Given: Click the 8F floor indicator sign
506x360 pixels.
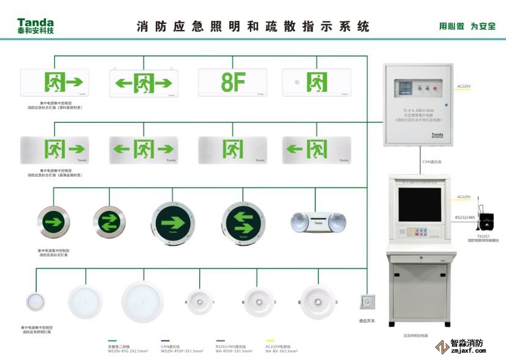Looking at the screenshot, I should click(233, 83).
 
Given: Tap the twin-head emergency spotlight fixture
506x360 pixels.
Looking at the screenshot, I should click(316, 222).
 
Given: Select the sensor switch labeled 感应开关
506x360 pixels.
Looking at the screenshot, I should click(367, 302).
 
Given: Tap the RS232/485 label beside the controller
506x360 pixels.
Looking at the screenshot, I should click(464, 217).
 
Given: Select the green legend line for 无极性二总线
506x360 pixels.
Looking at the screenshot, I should click(112, 342).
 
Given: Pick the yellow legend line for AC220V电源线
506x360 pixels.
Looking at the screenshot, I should click(269, 342).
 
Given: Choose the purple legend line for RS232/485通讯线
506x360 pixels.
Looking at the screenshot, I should click(220, 342).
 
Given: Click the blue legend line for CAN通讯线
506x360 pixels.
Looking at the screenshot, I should click(165, 342).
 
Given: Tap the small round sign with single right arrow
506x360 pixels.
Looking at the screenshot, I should click(53, 221).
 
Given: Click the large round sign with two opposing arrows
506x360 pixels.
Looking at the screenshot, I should click(242, 222).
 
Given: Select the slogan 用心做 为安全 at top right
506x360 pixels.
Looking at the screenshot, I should click(467, 26).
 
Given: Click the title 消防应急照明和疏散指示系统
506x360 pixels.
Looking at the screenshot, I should click(253, 26).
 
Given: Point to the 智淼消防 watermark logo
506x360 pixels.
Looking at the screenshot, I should click(461, 347).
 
